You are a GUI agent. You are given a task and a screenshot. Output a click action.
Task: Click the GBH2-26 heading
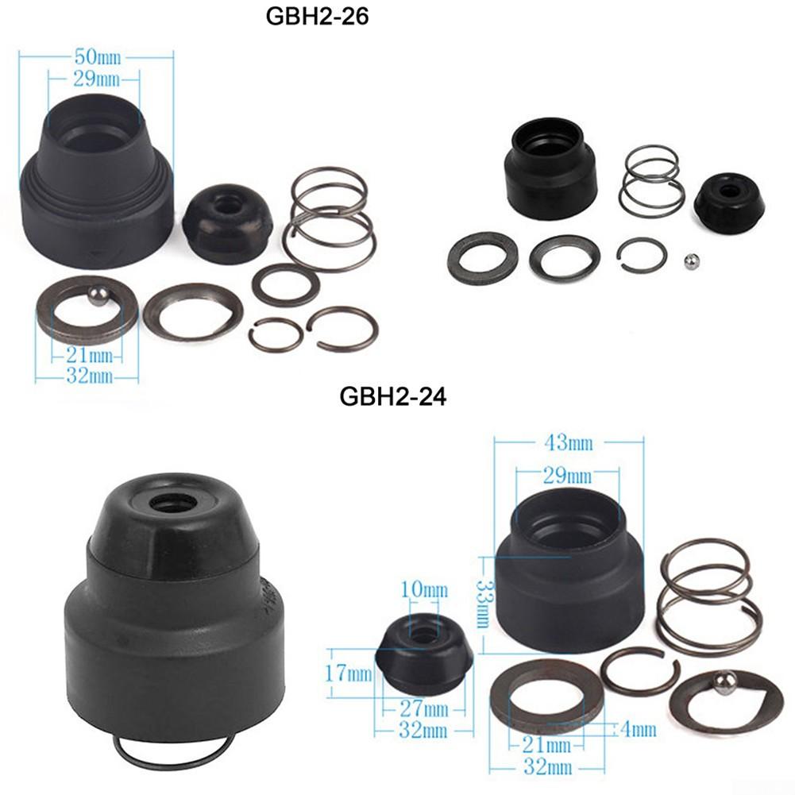(x=317, y=17)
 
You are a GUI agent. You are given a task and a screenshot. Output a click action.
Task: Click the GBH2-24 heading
(x=392, y=395)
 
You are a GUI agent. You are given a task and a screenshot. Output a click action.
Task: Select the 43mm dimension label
(x=568, y=442)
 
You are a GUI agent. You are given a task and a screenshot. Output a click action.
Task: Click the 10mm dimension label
(x=425, y=590)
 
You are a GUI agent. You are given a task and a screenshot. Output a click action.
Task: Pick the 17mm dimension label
(x=349, y=674)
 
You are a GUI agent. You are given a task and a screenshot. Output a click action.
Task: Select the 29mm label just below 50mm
(x=94, y=78)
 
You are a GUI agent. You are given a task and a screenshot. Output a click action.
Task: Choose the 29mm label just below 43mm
(x=567, y=476)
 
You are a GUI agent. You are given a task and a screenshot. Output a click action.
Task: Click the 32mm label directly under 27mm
(x=423, y=729)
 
